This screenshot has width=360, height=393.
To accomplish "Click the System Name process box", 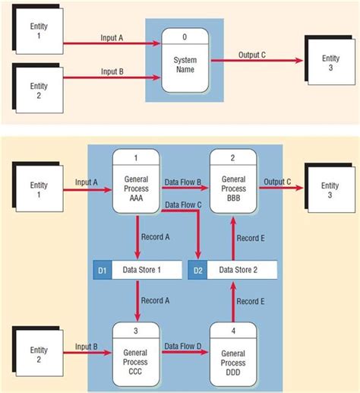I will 185,62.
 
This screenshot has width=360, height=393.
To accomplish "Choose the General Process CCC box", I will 136,353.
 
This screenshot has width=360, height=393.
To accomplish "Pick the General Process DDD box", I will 232,353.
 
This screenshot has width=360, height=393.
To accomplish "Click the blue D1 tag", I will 101,269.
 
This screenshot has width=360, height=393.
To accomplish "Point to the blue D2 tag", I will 197,269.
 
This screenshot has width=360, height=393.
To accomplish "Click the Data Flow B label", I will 183,182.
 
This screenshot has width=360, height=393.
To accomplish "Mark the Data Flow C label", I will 183,204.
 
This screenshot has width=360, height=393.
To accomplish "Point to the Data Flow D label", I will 183,347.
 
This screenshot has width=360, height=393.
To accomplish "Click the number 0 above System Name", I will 185,36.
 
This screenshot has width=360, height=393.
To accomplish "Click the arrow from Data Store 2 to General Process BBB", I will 232,237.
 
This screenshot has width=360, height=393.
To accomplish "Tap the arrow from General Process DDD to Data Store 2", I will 232,301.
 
